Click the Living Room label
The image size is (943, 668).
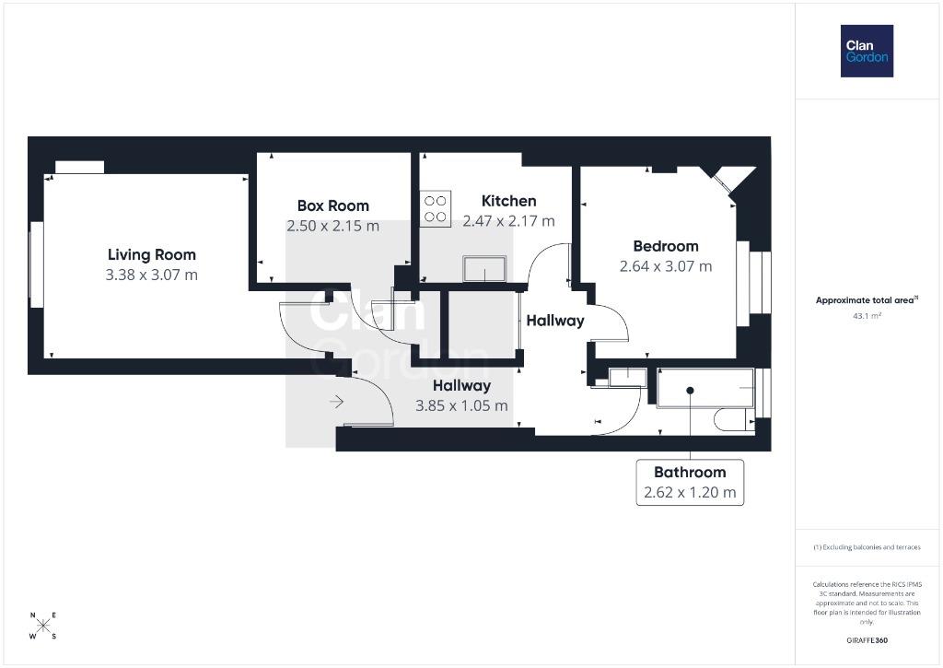click(152, 255)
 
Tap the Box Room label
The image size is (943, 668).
click(333, 205)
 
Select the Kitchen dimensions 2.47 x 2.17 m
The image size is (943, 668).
click(508, 221)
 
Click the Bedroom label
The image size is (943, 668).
click(666, 246)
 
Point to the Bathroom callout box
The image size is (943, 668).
click(690, 483)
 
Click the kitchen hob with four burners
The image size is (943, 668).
click(436, 208)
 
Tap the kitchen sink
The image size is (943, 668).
click(484, 268)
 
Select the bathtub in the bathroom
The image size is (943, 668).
click(705, 388)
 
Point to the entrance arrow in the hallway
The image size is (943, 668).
click(336, 402)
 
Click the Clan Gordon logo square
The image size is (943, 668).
click(867, 52)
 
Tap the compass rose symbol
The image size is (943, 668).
click(43, 626)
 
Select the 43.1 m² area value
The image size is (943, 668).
click(867, 316)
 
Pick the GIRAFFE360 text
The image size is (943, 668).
click(867, 640)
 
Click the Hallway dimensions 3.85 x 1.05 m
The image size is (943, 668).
click(462, 406)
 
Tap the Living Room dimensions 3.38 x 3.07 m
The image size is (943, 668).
click(152, 275)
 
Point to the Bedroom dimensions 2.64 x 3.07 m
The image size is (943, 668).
click(666, 266)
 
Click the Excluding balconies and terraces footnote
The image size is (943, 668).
click(867, 547)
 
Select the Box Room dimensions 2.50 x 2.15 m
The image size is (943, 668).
click(333, 227)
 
